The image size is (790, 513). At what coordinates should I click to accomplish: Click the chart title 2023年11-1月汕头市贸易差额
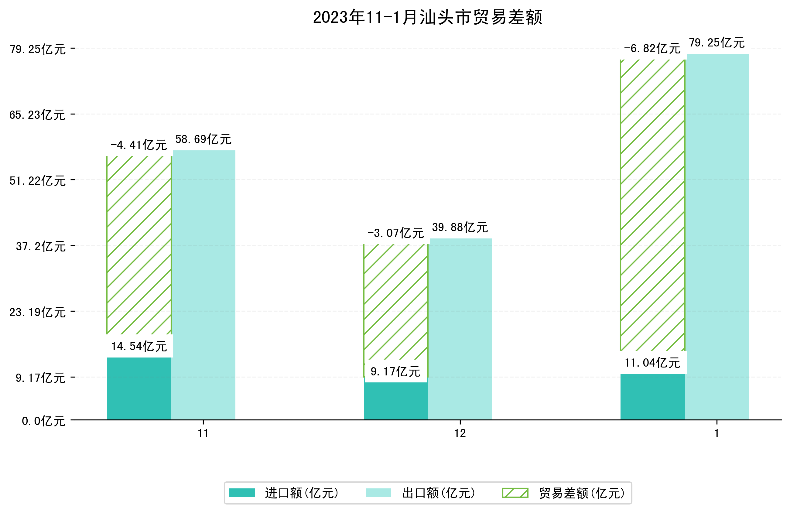428,17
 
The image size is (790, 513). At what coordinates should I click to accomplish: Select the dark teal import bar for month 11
139,388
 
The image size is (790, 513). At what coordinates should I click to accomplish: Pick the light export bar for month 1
717,236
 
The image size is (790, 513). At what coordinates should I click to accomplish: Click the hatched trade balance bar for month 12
396,302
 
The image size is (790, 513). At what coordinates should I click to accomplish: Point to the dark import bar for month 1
652,396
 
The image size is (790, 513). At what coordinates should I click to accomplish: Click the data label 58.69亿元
203,139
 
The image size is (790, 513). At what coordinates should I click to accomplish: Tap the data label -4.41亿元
139,145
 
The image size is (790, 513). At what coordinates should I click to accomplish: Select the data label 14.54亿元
139,347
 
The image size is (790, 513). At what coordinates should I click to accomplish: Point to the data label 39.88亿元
460,227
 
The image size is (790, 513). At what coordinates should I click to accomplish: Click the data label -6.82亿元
652,49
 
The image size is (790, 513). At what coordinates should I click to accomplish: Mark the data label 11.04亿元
652,363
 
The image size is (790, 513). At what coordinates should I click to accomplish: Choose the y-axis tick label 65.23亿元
37,115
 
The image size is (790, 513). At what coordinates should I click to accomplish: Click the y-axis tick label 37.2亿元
40,246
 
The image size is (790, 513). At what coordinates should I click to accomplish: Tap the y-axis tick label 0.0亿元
43,421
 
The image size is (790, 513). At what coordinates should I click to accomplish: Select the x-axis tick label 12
460,433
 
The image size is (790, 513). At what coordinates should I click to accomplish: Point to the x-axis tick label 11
203,433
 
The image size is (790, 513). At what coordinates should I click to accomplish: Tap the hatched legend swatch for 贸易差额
515,493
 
